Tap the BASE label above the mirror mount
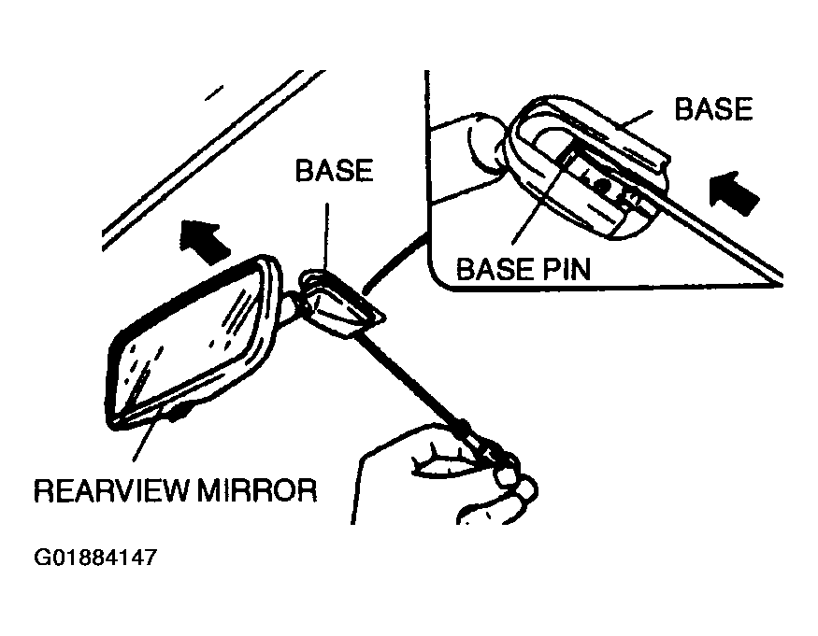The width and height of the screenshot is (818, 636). pyautogui.click(x=333, y=171)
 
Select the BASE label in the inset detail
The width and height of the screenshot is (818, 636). pyautogui.click(x=713, y=109)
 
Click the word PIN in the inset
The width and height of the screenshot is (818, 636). pyautogui.click(x=567, y=269)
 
